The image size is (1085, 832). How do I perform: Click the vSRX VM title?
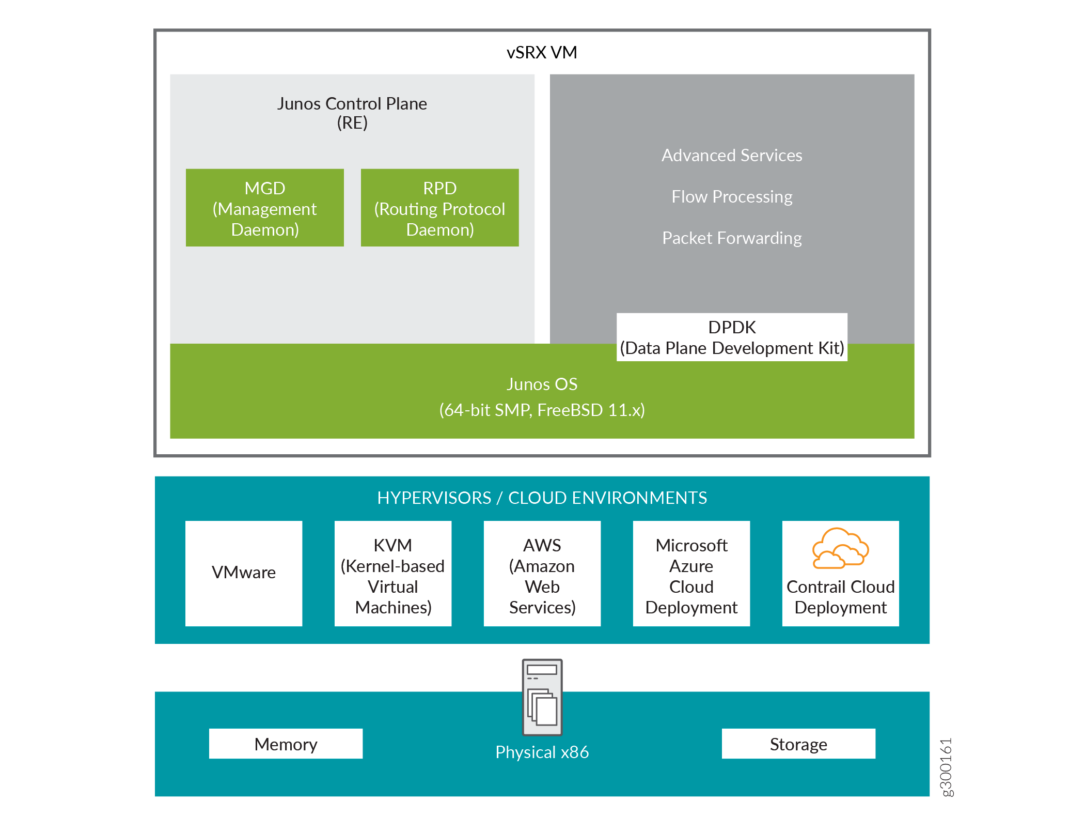point(542,53)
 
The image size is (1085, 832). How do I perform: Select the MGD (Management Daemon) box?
point(264,208)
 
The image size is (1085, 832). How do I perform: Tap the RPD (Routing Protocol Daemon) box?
point(439,208)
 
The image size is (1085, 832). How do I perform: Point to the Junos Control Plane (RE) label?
point(352,113)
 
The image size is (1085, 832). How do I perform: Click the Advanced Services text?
point(731,156)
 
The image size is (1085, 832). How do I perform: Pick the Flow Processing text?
point(731,197)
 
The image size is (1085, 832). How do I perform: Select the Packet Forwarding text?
point(731,238)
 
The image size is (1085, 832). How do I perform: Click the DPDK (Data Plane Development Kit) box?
point(731,337)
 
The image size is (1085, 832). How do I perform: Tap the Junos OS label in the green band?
point(542,384)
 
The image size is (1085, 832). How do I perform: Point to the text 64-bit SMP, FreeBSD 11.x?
point(542,410)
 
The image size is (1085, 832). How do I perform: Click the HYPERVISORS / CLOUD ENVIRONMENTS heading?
point(542,498)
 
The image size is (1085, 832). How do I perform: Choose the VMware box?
point(244,573)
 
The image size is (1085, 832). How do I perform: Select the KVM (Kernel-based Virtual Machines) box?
point(392,574)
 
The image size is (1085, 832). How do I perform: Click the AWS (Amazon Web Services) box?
point(542,574)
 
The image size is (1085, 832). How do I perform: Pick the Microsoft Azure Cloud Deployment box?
point(691,574)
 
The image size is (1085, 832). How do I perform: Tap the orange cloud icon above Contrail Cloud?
point(840,549)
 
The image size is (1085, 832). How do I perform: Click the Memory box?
point(286,744)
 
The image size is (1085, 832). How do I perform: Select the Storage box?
point(798,744)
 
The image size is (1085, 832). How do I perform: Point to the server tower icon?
point(542,697)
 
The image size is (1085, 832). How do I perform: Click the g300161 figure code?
point(946,767)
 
